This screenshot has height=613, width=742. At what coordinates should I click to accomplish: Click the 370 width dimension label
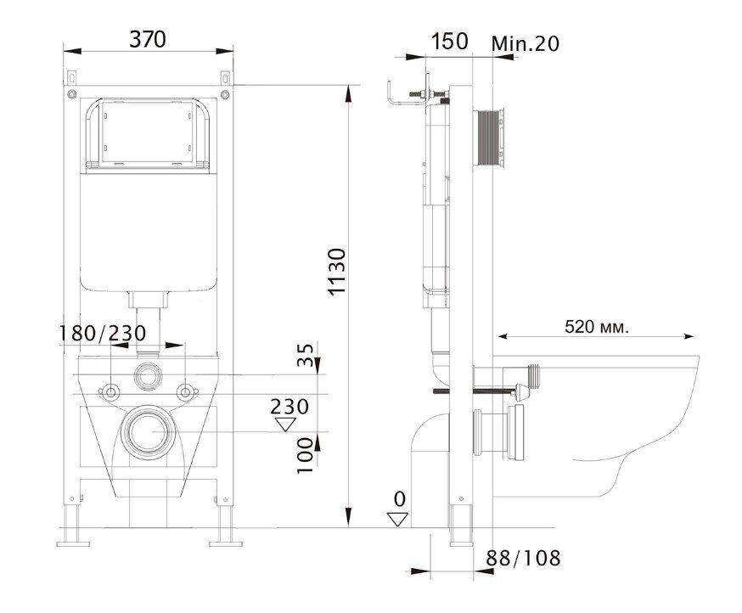148,39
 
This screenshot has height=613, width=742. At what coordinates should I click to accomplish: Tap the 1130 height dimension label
338,272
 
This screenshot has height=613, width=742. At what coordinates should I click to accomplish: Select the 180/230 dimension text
102,334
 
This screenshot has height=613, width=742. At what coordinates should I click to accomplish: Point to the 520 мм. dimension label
597,326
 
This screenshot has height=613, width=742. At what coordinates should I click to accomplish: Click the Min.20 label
526,43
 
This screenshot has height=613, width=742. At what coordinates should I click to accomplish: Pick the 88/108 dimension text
523,559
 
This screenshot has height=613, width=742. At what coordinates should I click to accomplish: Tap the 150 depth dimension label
449,42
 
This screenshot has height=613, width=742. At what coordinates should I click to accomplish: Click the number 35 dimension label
306,355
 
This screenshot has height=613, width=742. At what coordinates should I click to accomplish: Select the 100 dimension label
306,456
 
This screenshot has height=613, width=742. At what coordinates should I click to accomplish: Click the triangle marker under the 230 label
286,425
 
